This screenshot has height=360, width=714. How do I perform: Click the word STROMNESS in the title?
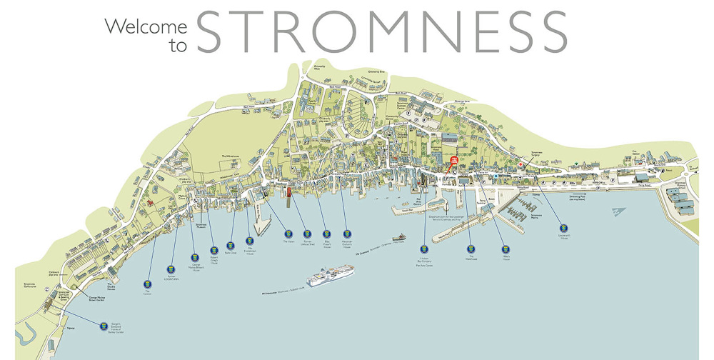381,32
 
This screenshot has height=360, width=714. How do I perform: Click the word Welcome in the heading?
146,27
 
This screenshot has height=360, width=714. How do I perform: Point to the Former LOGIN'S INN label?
171,277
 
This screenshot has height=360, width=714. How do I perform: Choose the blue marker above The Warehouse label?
471,249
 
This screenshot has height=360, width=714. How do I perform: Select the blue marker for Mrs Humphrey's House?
250,241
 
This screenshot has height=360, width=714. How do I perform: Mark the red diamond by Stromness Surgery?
521,165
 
